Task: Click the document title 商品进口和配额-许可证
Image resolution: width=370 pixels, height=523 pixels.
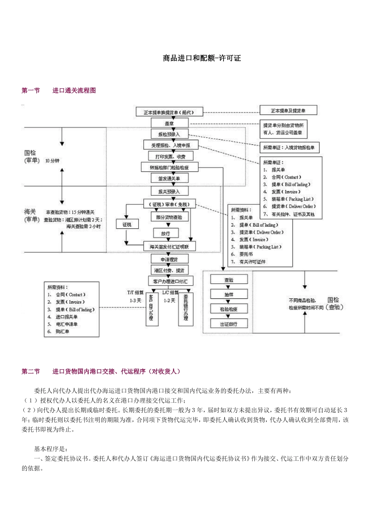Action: tap(202, 58)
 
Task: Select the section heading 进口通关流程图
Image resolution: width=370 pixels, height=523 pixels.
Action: tap(74, 91)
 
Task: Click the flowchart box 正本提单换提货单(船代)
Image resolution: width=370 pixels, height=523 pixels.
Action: tap(168, 112)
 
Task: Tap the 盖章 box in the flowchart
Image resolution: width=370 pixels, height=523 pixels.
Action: tap(169, 123)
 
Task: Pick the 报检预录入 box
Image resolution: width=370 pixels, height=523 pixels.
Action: tap(169, 134)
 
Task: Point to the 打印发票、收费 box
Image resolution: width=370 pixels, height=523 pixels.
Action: tap(171, 156)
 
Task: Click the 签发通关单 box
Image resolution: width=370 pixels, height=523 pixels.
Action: tap(169, 179)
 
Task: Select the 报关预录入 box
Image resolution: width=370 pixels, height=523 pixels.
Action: tap(169, 191)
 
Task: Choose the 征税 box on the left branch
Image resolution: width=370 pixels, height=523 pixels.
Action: tap(127, 225)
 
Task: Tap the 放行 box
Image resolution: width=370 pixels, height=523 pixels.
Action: tap(166, 233)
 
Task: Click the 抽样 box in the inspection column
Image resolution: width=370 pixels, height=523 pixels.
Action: tap(229, 295)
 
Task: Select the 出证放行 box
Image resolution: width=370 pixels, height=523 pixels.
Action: tap(229, 324)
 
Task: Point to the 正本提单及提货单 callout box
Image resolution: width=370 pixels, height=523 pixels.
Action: tap(288, 111)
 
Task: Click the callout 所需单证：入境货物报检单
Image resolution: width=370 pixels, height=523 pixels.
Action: tap(289, 147)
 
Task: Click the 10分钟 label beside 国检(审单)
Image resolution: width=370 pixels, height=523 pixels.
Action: tap(52, 161)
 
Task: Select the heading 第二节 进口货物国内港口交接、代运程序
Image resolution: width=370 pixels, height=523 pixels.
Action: tap(101, 372)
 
